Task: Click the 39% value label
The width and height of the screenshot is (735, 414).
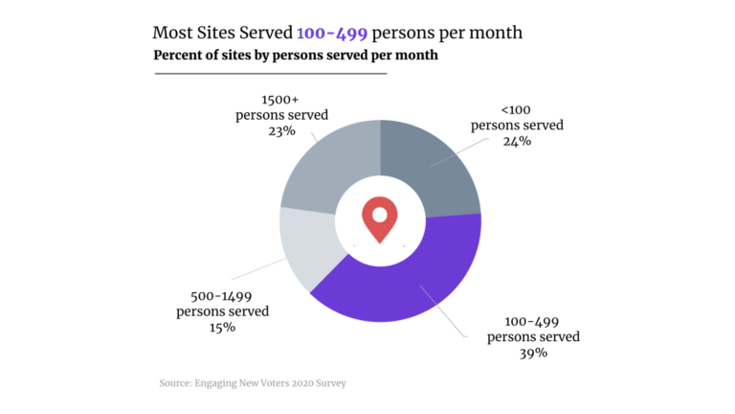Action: tap(533, 353)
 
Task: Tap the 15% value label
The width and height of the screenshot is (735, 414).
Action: tap(222, 327)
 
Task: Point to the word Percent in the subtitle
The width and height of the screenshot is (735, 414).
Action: tap(180, 56)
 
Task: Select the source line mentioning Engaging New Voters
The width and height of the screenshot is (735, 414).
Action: tap(252, 383)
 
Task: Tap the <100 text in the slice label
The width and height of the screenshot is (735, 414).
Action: tap(517, 109)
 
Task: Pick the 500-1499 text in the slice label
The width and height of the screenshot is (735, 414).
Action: tap(222, 295)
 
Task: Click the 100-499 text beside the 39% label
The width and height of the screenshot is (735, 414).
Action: tap(533, 321)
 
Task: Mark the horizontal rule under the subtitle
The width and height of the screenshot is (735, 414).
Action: tap(270, 73)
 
